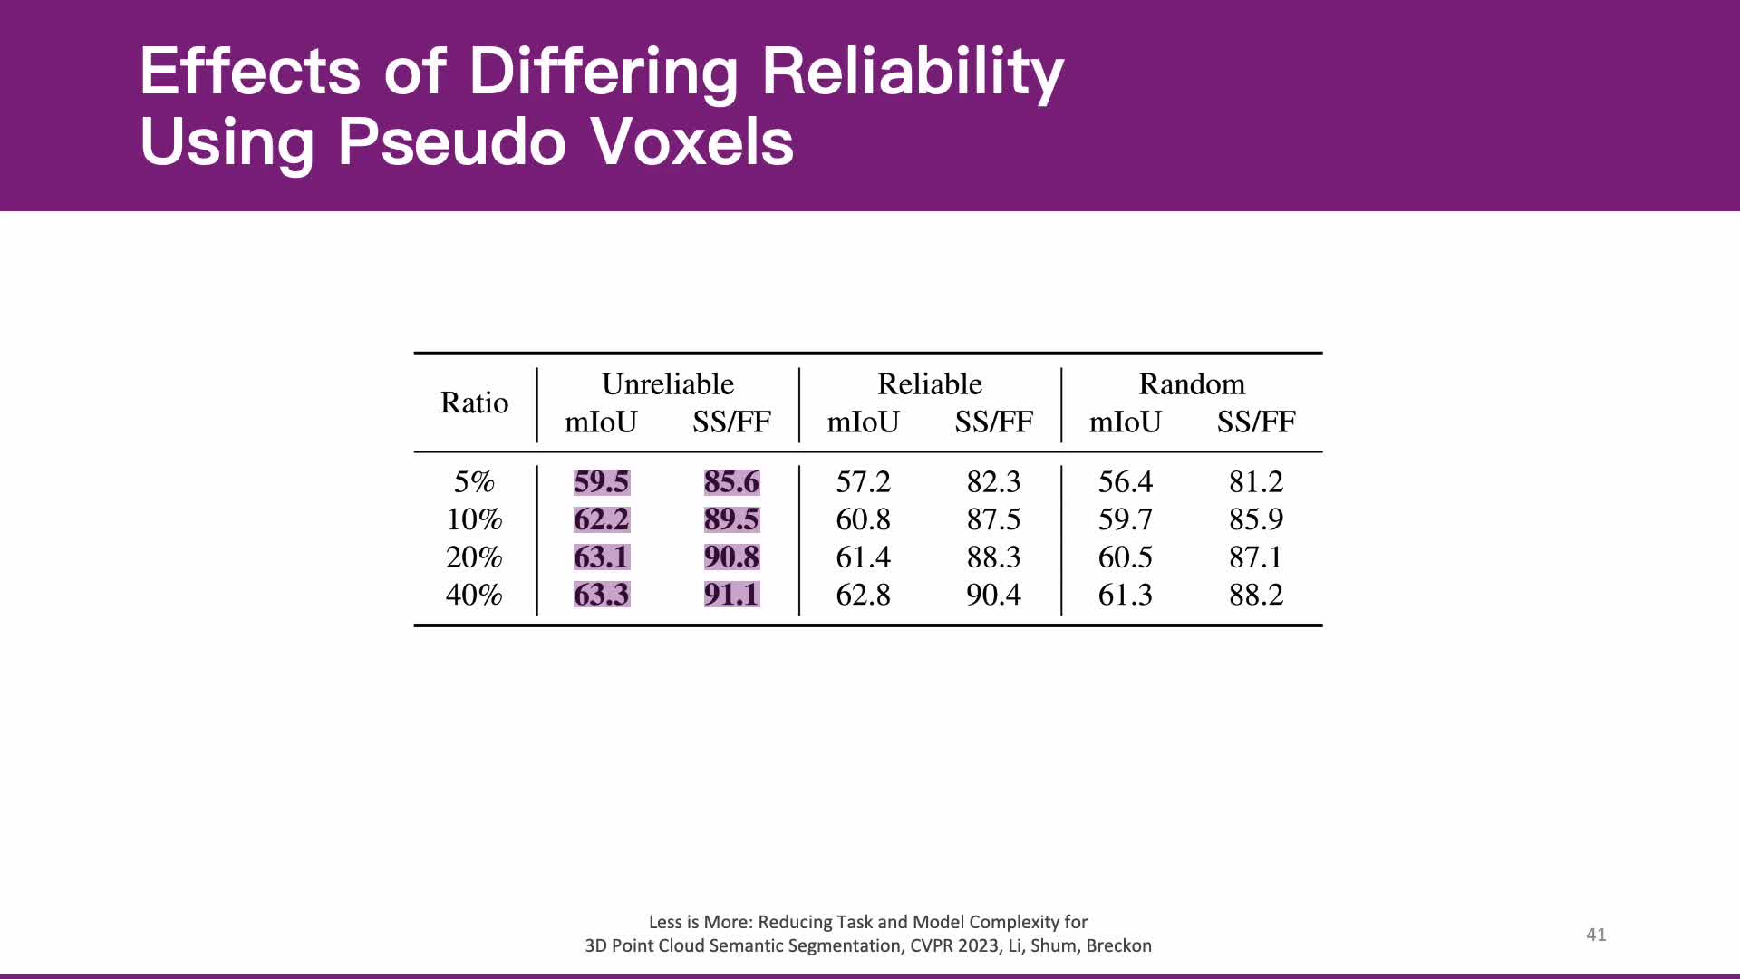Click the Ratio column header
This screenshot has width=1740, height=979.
[474, 402]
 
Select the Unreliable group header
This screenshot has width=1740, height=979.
[667, 384]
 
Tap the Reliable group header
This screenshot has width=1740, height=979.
[929, 384]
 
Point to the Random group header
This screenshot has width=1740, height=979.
[1191, 384]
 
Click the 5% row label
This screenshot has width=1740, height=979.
[474, 481]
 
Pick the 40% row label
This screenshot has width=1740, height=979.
[473, 595]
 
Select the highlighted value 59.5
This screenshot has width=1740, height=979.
[601, 481]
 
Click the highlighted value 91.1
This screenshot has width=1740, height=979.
[731, 595]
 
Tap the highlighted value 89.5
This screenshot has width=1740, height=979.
[731, 519]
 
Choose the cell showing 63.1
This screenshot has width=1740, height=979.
[601, 557]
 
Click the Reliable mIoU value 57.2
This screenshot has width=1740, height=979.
[863, 481]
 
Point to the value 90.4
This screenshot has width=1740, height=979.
[993, 595]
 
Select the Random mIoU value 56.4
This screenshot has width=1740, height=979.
[1125, 481]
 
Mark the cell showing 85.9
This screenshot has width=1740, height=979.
[1255, 519]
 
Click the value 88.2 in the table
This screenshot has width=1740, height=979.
[1255, 595]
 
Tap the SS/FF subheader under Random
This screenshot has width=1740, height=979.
[1255, 422]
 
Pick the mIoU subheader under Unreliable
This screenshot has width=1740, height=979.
[601, 422]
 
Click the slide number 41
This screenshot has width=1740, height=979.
[1596, 935]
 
